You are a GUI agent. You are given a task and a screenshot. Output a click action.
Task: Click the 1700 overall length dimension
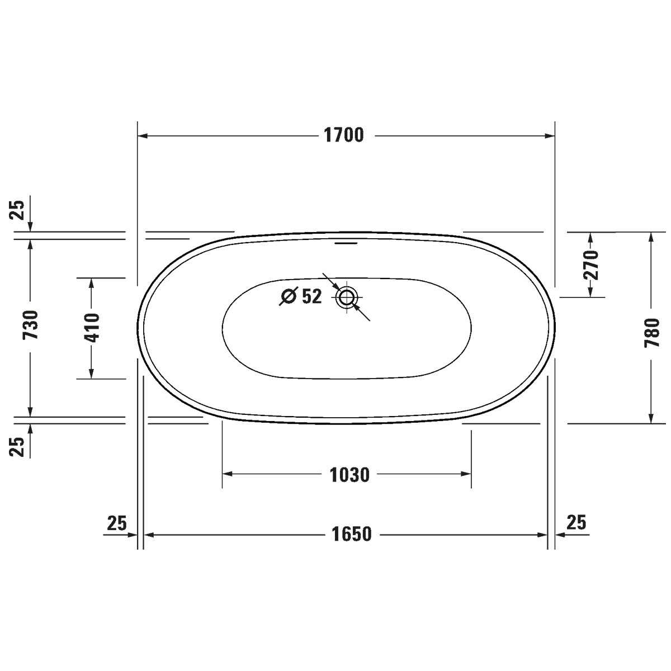[x=344, y=135]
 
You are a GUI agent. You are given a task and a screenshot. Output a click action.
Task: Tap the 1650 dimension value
[x=352, y=535]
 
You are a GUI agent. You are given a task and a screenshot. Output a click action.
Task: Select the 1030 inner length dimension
[x=349, y=475]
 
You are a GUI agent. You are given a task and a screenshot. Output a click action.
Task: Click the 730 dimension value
[x=30, y=324]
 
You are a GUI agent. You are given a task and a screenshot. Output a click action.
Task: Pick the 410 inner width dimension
[x=92, y=328]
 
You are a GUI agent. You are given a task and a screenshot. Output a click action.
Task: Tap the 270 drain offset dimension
[x=590, y=265]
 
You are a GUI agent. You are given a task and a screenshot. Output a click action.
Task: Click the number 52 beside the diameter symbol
[x=311, y=296]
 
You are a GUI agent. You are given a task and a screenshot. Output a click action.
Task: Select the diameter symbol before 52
[x=288, y=296]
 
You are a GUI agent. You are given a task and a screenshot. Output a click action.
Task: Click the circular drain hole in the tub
[x=347, y=297]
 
